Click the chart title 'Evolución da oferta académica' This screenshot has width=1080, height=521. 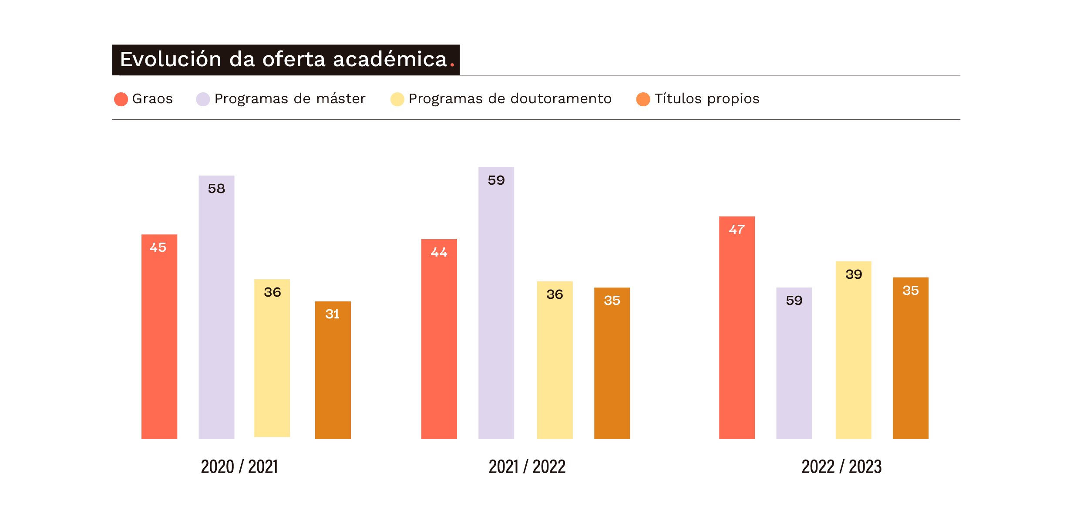(x=284, y=60)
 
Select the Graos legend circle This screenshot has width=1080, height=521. (x=121, y=99)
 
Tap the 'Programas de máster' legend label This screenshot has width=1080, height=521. (x=289, y=99)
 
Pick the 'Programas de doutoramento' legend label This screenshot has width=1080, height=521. (x=510, y=99)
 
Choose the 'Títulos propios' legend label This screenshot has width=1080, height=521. (x=707, y=99)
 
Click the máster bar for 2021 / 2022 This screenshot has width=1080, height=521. (x=496, y=305)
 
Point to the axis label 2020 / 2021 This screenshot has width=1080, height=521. (x=239, y=467)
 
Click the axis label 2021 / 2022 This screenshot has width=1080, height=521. (x=527, y=467)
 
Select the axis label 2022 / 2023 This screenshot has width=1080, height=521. (x=841, y=467)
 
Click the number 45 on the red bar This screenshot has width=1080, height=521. (x=158, y=247)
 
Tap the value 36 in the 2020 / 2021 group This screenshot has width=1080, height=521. (x=272, y=292)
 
